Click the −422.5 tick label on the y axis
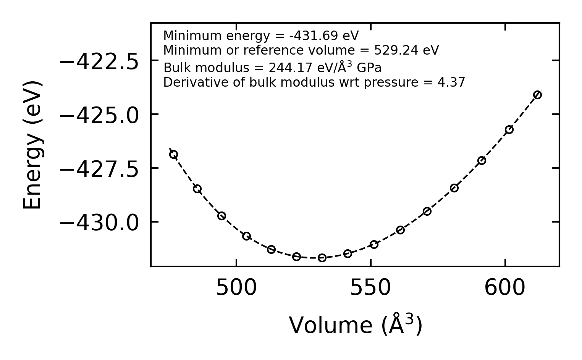coord(99,61)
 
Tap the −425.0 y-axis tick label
coord(99,115)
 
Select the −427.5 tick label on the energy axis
coord(99,169)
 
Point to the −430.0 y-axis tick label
coord(99,223)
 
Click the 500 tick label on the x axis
coord(236,288)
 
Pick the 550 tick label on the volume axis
coord(370,288)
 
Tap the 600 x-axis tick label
coord(505,288)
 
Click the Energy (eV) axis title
coord(32,145)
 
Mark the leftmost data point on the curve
coord(173,154)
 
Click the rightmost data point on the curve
coord(537,95)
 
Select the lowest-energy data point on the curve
coord(322,258)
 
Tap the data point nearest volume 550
coord(374,244)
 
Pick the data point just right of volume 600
coord(509,129)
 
